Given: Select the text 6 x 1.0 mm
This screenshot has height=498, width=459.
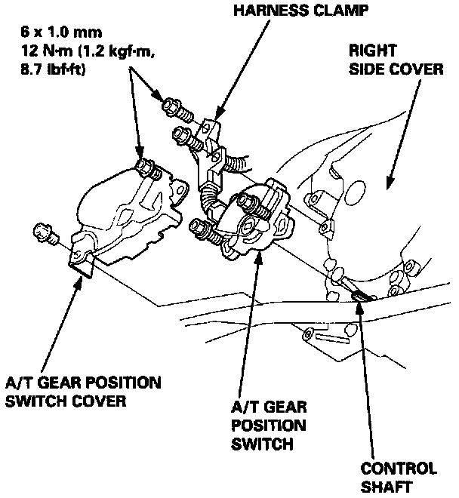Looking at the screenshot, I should tap(63, 34).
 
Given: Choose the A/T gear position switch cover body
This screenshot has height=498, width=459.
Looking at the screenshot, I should tap(125, 215).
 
